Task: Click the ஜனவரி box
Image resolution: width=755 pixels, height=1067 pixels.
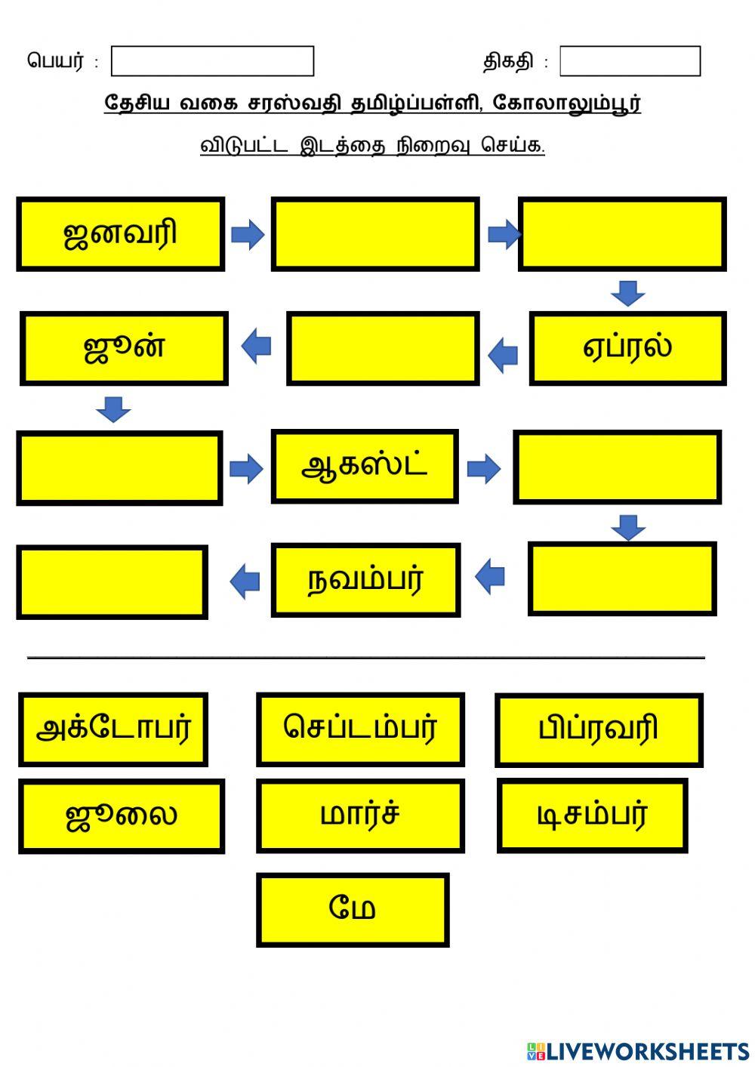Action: pyautogui.click(x=120, y=234)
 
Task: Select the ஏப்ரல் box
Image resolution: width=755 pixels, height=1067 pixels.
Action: pyautogui.click(x=627, y=348)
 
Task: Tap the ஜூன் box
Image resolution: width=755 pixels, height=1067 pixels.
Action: pyautogui.click(x=124, y=348)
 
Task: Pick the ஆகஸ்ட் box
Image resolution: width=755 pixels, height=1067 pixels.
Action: pyautogui.click(x=365, y=466)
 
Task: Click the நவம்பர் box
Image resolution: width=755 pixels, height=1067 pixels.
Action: pyautogui.click(x=365, y=580)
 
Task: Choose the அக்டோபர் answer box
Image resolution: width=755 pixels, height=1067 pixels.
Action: pyautogui.click(x=113, y=729)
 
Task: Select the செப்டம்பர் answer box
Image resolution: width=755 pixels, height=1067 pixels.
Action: pyautogui.click(x=360, y=729)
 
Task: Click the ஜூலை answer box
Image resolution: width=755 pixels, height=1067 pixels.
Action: pyautogui.click(x=122, y=816)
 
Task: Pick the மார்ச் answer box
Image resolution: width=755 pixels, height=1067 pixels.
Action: pyautogui.click(x=360, y=816)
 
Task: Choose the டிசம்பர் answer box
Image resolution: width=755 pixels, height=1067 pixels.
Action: pyautogui.click(x=592, y=816)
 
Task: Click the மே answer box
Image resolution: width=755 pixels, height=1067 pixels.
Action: pyautogui.click(x=353, y=909)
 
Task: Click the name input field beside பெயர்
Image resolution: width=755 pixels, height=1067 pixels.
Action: pyautogui.click(x=212, y=61)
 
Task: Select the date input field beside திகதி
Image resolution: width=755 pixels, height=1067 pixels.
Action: pyautogui.click(x=630, y=61)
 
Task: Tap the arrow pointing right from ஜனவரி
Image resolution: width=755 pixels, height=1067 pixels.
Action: pyautogui.click(x=248, y=235)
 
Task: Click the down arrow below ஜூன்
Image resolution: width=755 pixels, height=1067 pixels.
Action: pyautogui.click(x=113, y=409)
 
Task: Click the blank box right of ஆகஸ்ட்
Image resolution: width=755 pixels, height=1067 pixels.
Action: pyautogui.click(x=617, y=467)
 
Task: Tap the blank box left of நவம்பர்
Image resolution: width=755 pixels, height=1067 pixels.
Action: pyautogui.click(x=112, y=582)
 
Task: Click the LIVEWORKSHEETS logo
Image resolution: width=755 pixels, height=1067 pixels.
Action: pyautogui.click(x=638, y=1050)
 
